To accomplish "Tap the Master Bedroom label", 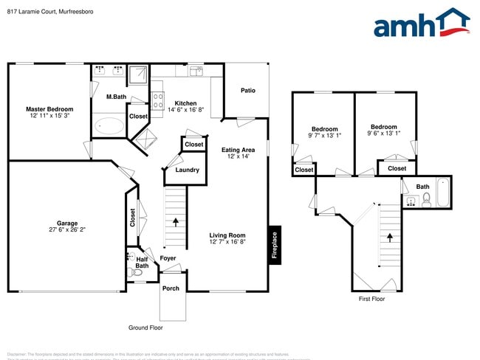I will click(49, 109).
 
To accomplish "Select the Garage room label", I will click(67, 223).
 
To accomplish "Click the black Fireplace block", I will click(274, 245).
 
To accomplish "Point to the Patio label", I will click(248, 90).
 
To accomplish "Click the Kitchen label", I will click(185, 103).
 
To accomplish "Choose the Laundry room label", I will click(187, 170).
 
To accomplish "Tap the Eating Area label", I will click(238, 150).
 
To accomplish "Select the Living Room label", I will click(227, 235).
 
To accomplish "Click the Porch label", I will click(171, 288).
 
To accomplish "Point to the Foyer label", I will click(168, 258).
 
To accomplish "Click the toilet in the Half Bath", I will click(135, 273).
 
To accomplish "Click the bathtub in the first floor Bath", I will click(442, 193).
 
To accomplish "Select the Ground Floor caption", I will click(145, 327).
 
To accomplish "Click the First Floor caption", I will click(371, 299).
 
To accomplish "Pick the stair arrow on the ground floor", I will click(176, 221).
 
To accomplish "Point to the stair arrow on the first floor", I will click(389, 238).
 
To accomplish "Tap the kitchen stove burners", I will click(157, 100).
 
